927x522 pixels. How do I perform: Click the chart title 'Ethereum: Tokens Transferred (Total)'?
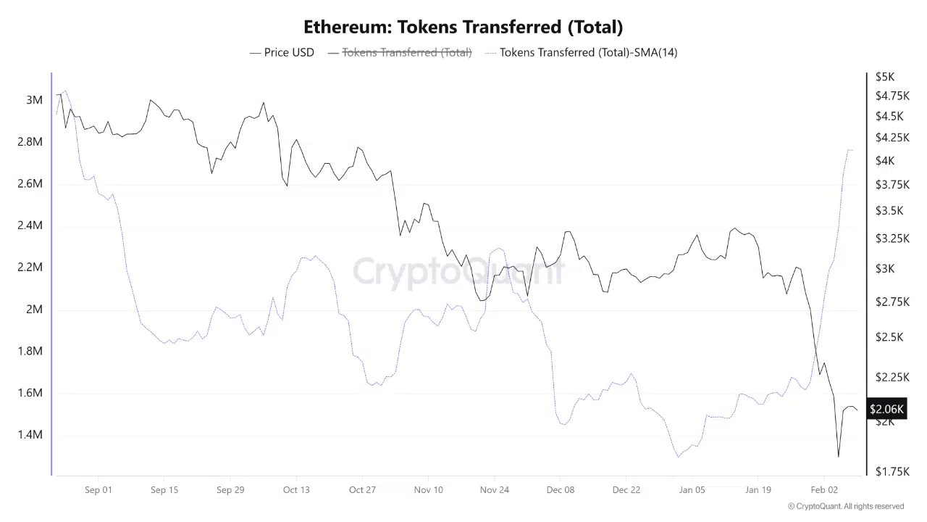point(463,27)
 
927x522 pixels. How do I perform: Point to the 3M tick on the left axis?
point(34,100)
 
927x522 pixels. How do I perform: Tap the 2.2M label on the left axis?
point(30,268)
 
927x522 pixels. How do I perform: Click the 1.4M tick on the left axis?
point(30,435)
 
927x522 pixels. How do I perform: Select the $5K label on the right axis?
point(885,77)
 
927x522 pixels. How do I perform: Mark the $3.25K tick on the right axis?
point(892,239)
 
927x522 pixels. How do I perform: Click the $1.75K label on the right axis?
point(892,471)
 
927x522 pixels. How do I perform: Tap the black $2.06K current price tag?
point(886,410)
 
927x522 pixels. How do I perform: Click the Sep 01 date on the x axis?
point(98,490)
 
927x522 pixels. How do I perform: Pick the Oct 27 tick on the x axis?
point(362,490)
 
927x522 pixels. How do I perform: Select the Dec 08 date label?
point(561,490)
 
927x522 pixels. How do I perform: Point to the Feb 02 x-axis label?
point(824,490)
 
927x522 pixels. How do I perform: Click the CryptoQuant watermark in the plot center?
point(458,272)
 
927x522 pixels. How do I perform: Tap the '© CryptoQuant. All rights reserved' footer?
point(846,507)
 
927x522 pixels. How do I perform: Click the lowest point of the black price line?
point(839,457)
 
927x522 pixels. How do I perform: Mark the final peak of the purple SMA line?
point(848,150)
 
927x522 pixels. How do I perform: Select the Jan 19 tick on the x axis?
point(758,490)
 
